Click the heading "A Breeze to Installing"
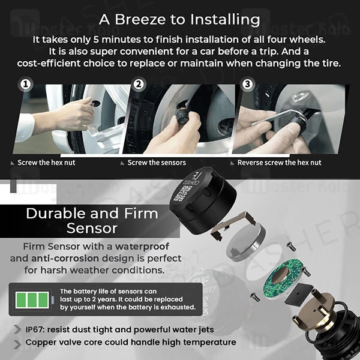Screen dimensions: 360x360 tap(180, 19)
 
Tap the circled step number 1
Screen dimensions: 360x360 tap(26, 85)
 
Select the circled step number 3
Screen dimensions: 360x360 tap(247, 85)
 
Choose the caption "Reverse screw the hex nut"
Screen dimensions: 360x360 tap(279, 163)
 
